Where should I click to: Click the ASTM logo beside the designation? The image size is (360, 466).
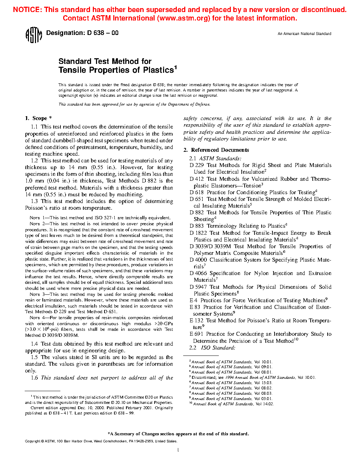tap(34, 35)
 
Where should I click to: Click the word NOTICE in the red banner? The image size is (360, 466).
tap(27, 10)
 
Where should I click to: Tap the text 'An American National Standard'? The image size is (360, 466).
tap(304, 34)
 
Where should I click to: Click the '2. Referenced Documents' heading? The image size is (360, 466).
tap(216, 150)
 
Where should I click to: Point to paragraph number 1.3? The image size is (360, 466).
tap(34, 201)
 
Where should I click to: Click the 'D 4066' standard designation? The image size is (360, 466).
tap(198, 273)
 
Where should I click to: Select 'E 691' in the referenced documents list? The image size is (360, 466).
tap(196, 334)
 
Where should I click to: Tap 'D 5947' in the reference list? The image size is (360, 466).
tap(198, 287)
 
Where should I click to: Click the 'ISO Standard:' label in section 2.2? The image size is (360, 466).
tap(218, 348)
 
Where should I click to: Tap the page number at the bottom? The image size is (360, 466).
tap(178, 450)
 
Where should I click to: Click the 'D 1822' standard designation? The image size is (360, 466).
tap(198, 233)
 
